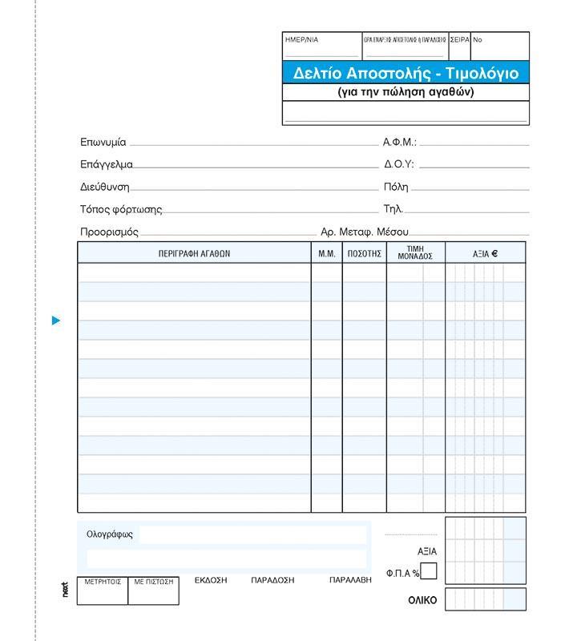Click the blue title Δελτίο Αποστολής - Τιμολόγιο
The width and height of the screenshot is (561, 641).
406,74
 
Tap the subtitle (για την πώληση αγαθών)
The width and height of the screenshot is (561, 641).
406,92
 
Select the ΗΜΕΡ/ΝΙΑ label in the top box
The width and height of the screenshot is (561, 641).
302,39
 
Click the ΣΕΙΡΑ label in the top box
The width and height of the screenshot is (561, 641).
459,39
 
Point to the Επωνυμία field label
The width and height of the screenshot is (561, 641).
103,142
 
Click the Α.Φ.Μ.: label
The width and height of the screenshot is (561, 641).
400,142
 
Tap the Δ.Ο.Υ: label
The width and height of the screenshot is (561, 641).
399,164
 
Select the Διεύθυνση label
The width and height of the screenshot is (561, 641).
105,187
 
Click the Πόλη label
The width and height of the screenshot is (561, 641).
396,187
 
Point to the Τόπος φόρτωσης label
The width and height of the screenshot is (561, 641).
121,209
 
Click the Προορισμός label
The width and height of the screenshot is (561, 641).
110,232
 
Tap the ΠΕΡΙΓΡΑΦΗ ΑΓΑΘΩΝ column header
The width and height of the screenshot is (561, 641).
194,253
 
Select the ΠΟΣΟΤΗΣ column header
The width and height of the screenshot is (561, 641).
365,253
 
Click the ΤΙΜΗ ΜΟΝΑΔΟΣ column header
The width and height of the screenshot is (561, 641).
415,253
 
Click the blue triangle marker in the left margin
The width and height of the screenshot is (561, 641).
56,320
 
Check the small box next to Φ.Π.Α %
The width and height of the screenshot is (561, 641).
429,571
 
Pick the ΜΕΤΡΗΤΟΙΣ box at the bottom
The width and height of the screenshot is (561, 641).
103,582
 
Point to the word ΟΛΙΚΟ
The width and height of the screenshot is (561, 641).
422,599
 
